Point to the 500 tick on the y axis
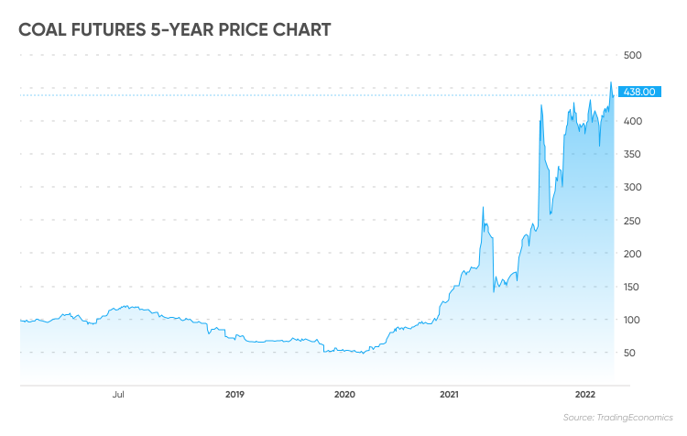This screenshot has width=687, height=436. (x=633, y=55)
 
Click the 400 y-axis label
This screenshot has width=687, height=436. (x=633, y=121)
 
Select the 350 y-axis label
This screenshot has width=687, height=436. (x=632, y=154)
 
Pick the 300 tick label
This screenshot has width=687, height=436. (x=633, y=187)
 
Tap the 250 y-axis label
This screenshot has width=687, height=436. (x=632, y=221)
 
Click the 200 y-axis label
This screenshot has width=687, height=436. (x=633, y=254)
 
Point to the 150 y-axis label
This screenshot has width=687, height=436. (x=632, y=287)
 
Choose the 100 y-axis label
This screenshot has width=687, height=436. (x=632, y=320)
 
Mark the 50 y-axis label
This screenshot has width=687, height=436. (x=629, y=353)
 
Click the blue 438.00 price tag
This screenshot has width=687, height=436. (x=639, y=92)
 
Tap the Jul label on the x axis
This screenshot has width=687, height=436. (x=118, y=395)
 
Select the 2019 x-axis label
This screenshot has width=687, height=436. (x=234, y=395)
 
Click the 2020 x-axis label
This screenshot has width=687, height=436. (x=344, y=395)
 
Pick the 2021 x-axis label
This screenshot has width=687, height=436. (x=449, y=395)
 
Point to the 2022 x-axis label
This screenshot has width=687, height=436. (x=585, y=395)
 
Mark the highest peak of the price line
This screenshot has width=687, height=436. (x=611, y=82)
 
